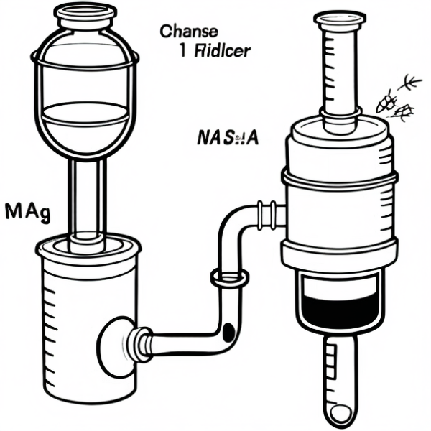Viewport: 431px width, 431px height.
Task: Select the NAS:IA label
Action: click(227, 137)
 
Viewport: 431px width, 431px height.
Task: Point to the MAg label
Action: click(27, 213)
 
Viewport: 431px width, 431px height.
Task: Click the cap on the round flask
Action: click(85, 14)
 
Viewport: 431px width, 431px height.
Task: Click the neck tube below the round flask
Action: click(88, 194)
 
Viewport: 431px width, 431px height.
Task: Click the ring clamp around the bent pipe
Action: click(229, 277)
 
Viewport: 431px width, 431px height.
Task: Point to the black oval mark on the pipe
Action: click(229, 332)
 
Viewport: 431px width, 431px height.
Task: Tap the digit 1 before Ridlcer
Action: click(178, 51)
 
